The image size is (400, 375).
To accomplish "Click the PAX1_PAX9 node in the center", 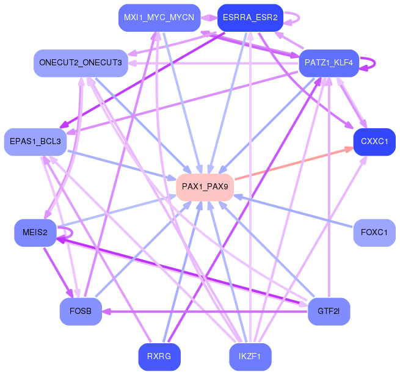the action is [205, 188].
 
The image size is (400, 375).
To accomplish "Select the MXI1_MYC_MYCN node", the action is [159, 18].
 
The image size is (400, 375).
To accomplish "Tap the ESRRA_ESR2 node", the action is [250, 18].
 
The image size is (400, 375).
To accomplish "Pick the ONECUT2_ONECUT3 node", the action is [81, 63].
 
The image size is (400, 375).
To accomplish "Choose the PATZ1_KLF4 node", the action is [329, 63].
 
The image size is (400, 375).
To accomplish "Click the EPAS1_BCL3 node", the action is [35, 142].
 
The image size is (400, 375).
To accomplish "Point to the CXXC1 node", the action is [374, 142].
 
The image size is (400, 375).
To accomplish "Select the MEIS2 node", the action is [35, 233].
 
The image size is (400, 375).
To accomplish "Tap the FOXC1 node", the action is [374, 233].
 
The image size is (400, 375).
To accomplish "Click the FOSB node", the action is [81, 311].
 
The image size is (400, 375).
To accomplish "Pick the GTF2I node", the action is [329, 311].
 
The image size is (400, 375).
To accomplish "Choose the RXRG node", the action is [159, 357].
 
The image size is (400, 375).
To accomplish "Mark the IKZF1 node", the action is [250, 357].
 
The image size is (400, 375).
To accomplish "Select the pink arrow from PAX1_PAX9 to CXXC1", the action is [294, 164].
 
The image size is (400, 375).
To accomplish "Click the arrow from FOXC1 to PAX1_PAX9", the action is [293, 211].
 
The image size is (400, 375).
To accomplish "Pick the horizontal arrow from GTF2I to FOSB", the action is [205, 311].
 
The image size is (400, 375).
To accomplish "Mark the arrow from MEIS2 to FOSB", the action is [59, 272].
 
